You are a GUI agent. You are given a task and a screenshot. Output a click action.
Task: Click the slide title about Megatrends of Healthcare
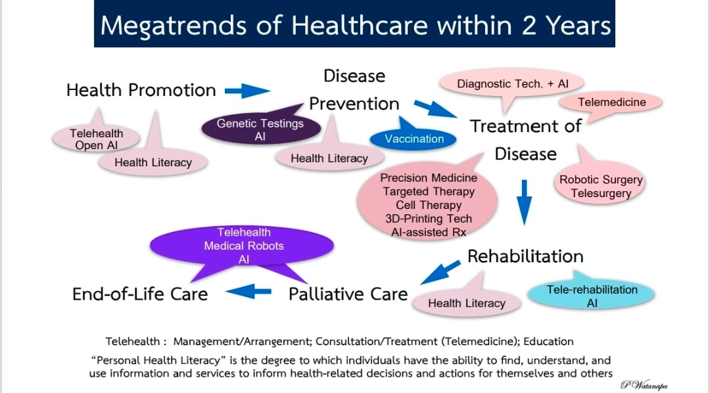356,25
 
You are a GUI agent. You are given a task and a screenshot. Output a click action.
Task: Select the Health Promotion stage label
141,90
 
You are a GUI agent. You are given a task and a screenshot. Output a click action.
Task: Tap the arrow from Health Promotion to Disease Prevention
248,91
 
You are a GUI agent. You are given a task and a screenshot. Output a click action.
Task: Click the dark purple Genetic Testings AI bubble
260,129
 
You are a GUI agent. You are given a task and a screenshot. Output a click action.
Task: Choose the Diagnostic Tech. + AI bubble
511,84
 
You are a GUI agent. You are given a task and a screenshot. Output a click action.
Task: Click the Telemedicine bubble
611,103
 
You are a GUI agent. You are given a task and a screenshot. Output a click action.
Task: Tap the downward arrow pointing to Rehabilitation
525,202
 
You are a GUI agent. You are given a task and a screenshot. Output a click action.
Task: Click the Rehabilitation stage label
525,256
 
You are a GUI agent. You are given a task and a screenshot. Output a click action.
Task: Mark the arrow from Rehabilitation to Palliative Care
440,272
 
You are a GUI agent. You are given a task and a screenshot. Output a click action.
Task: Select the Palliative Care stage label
348,294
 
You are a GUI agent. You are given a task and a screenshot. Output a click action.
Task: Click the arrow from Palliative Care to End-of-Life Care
248,292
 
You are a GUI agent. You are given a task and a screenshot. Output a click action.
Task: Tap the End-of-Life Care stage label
140,294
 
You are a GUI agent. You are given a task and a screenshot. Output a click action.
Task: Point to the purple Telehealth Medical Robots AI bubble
242,246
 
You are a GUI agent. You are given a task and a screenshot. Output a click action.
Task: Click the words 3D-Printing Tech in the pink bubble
429,219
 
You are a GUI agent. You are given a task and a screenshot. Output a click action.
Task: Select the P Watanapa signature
644,385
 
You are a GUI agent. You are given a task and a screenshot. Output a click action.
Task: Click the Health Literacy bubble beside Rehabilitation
466,301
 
